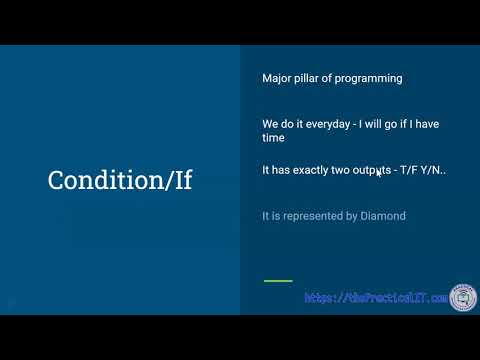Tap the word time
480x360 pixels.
click(273, 138)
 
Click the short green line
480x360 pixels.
click(277, 281)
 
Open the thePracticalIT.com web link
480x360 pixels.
click(375, 298)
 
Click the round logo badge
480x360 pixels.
click(462, 296)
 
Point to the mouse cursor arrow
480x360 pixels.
click(378, 172)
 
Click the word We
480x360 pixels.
click(270, 124)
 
